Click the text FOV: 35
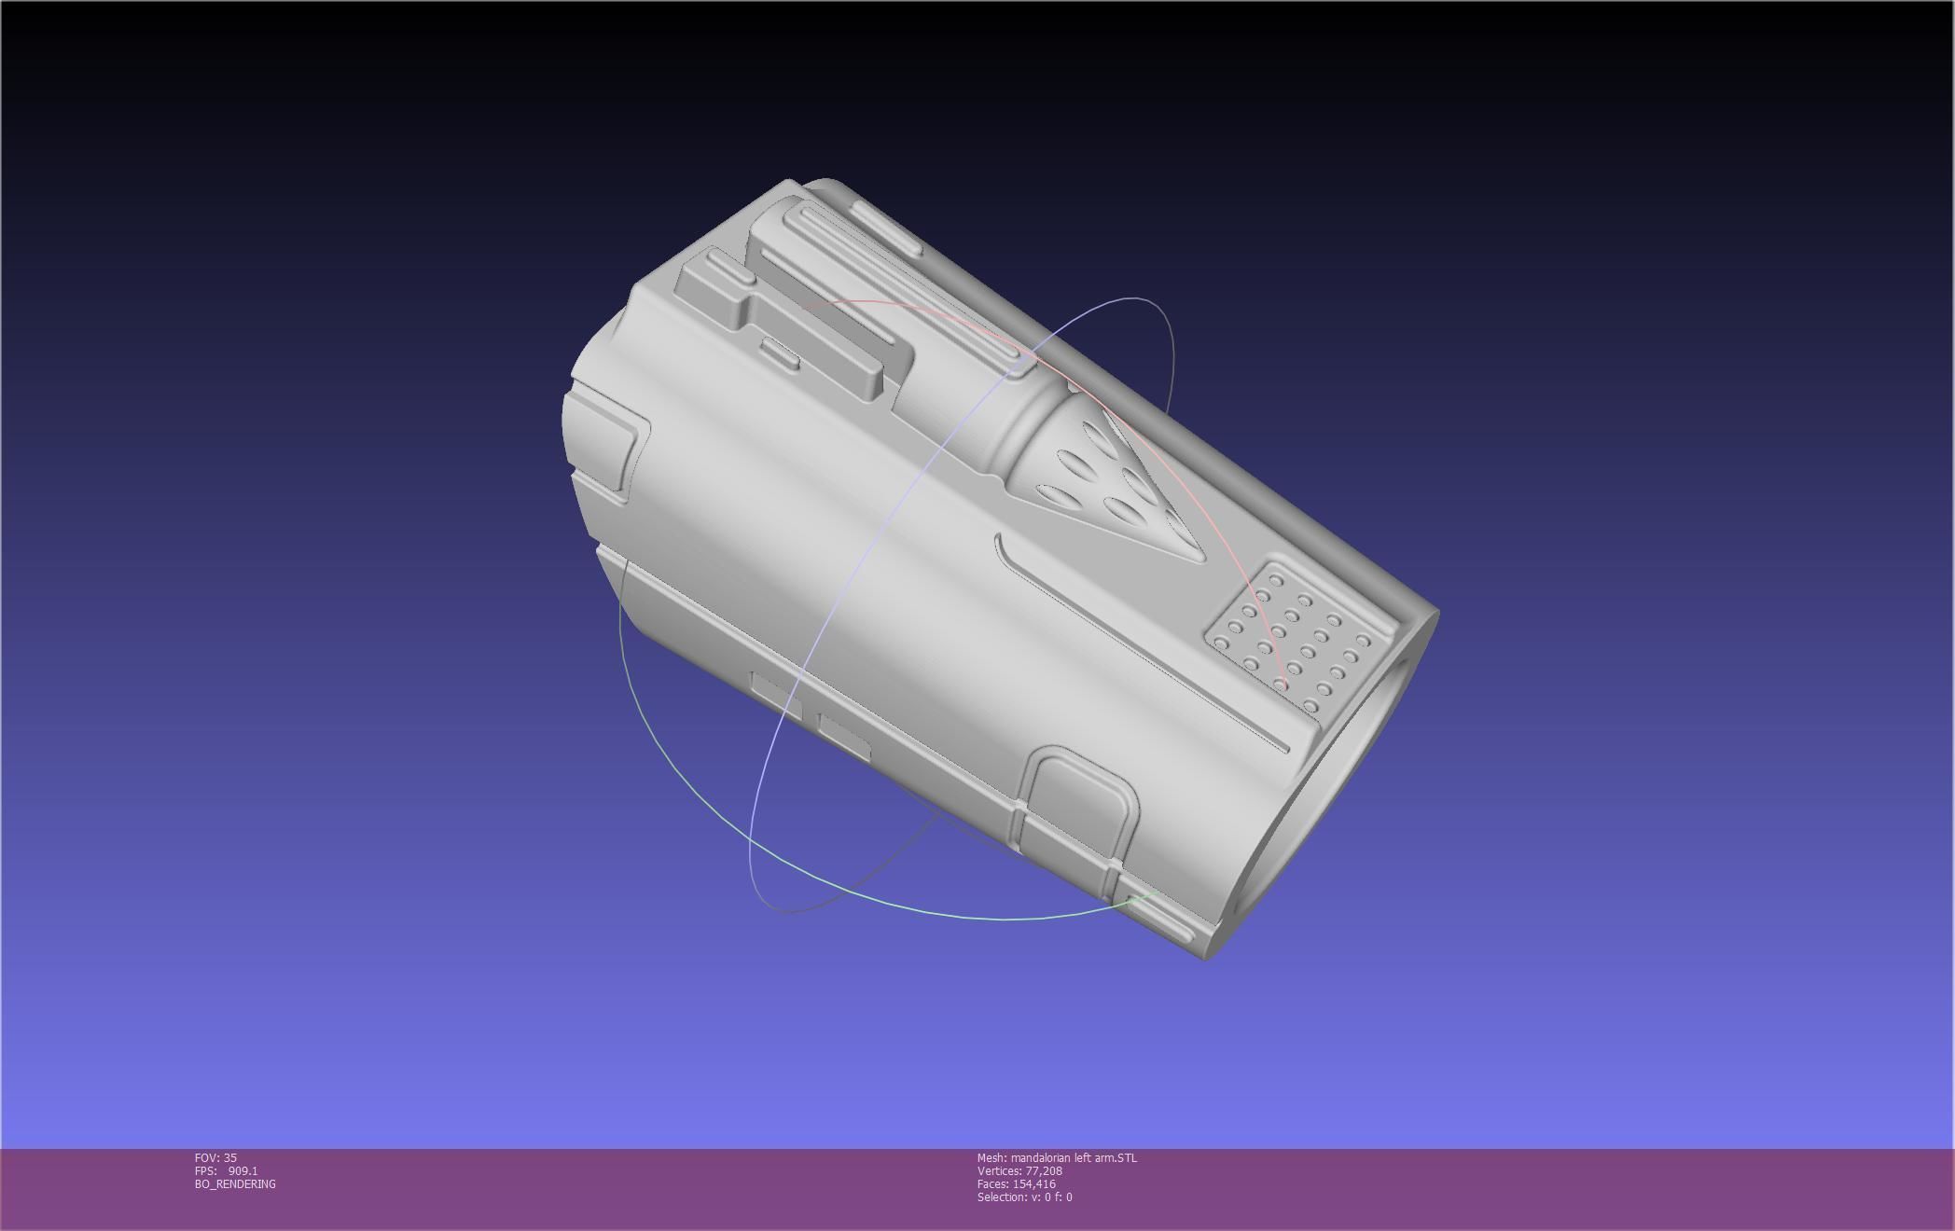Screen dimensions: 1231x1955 [x=215, y=1158]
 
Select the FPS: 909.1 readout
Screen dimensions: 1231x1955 [x=226, y=1171]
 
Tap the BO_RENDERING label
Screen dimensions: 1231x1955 [x=235, y=1184]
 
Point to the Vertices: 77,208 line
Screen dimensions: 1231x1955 [x=1019, y=1171]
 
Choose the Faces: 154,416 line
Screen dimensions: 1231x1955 [x=1017, y=1184]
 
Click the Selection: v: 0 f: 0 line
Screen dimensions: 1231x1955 [x=1024, y=1197]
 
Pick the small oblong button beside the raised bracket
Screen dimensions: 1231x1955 [x=780, y=353]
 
